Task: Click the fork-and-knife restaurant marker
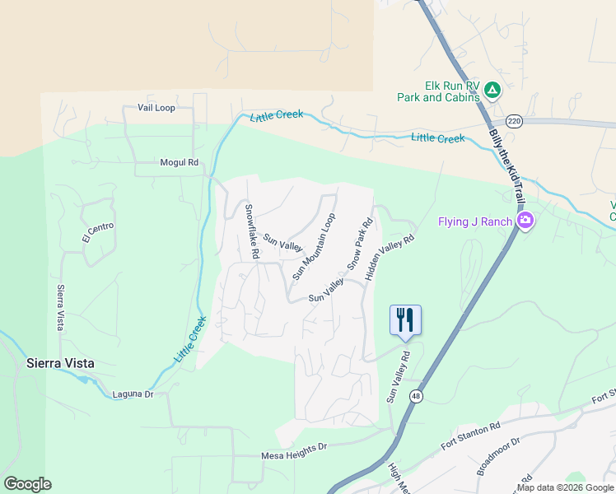[404, 319]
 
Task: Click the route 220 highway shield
[514, 120]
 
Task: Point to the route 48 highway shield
[417, 397]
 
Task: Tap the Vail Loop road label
[156, 108]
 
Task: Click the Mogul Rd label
[180, 163]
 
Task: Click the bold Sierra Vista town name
[60, 363]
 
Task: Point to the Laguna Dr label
[133, 394]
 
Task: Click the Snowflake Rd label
[252, 232]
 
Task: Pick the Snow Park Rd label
[360, 244]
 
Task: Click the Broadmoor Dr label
[498, 457]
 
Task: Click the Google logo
[27, 484]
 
